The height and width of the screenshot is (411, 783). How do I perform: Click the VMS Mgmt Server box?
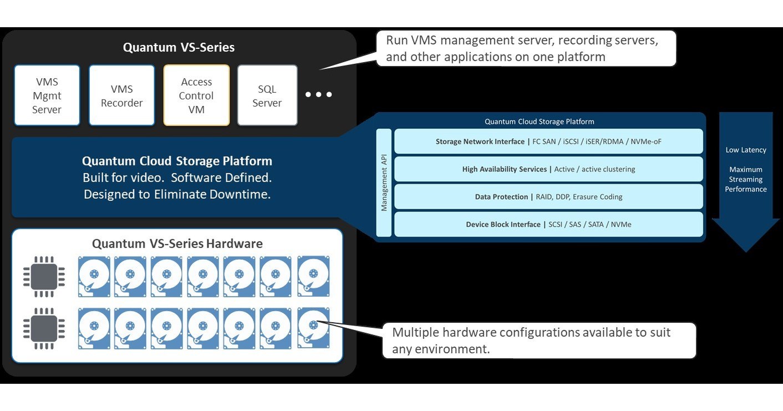[47, 96]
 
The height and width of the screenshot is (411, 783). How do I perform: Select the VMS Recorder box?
[122, 96]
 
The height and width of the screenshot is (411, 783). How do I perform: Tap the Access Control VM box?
[196, 96]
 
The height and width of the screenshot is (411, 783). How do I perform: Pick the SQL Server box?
[267, 96]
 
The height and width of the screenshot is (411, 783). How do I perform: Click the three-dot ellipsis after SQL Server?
[319, 95]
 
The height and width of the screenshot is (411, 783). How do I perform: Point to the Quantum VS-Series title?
[179, 47]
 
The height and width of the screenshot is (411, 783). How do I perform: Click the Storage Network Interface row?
[548, 142]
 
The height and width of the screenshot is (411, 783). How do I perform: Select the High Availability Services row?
[548, 169]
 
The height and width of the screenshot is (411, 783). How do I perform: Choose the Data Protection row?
[548, 197]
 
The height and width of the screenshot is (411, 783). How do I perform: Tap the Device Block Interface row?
[548, 224]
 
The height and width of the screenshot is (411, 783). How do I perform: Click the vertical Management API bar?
[384, 183]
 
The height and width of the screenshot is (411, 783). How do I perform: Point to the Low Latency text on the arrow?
[746, 150]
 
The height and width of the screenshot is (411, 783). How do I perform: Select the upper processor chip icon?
[44, 277]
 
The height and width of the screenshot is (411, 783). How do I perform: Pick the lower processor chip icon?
[44, 329]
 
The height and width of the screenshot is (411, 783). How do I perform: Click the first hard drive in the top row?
[94, 276]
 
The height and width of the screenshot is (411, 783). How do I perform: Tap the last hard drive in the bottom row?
[313, 328]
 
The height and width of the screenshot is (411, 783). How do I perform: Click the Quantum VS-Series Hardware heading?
[177, 244]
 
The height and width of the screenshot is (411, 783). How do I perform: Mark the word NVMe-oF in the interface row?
[646, 142]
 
